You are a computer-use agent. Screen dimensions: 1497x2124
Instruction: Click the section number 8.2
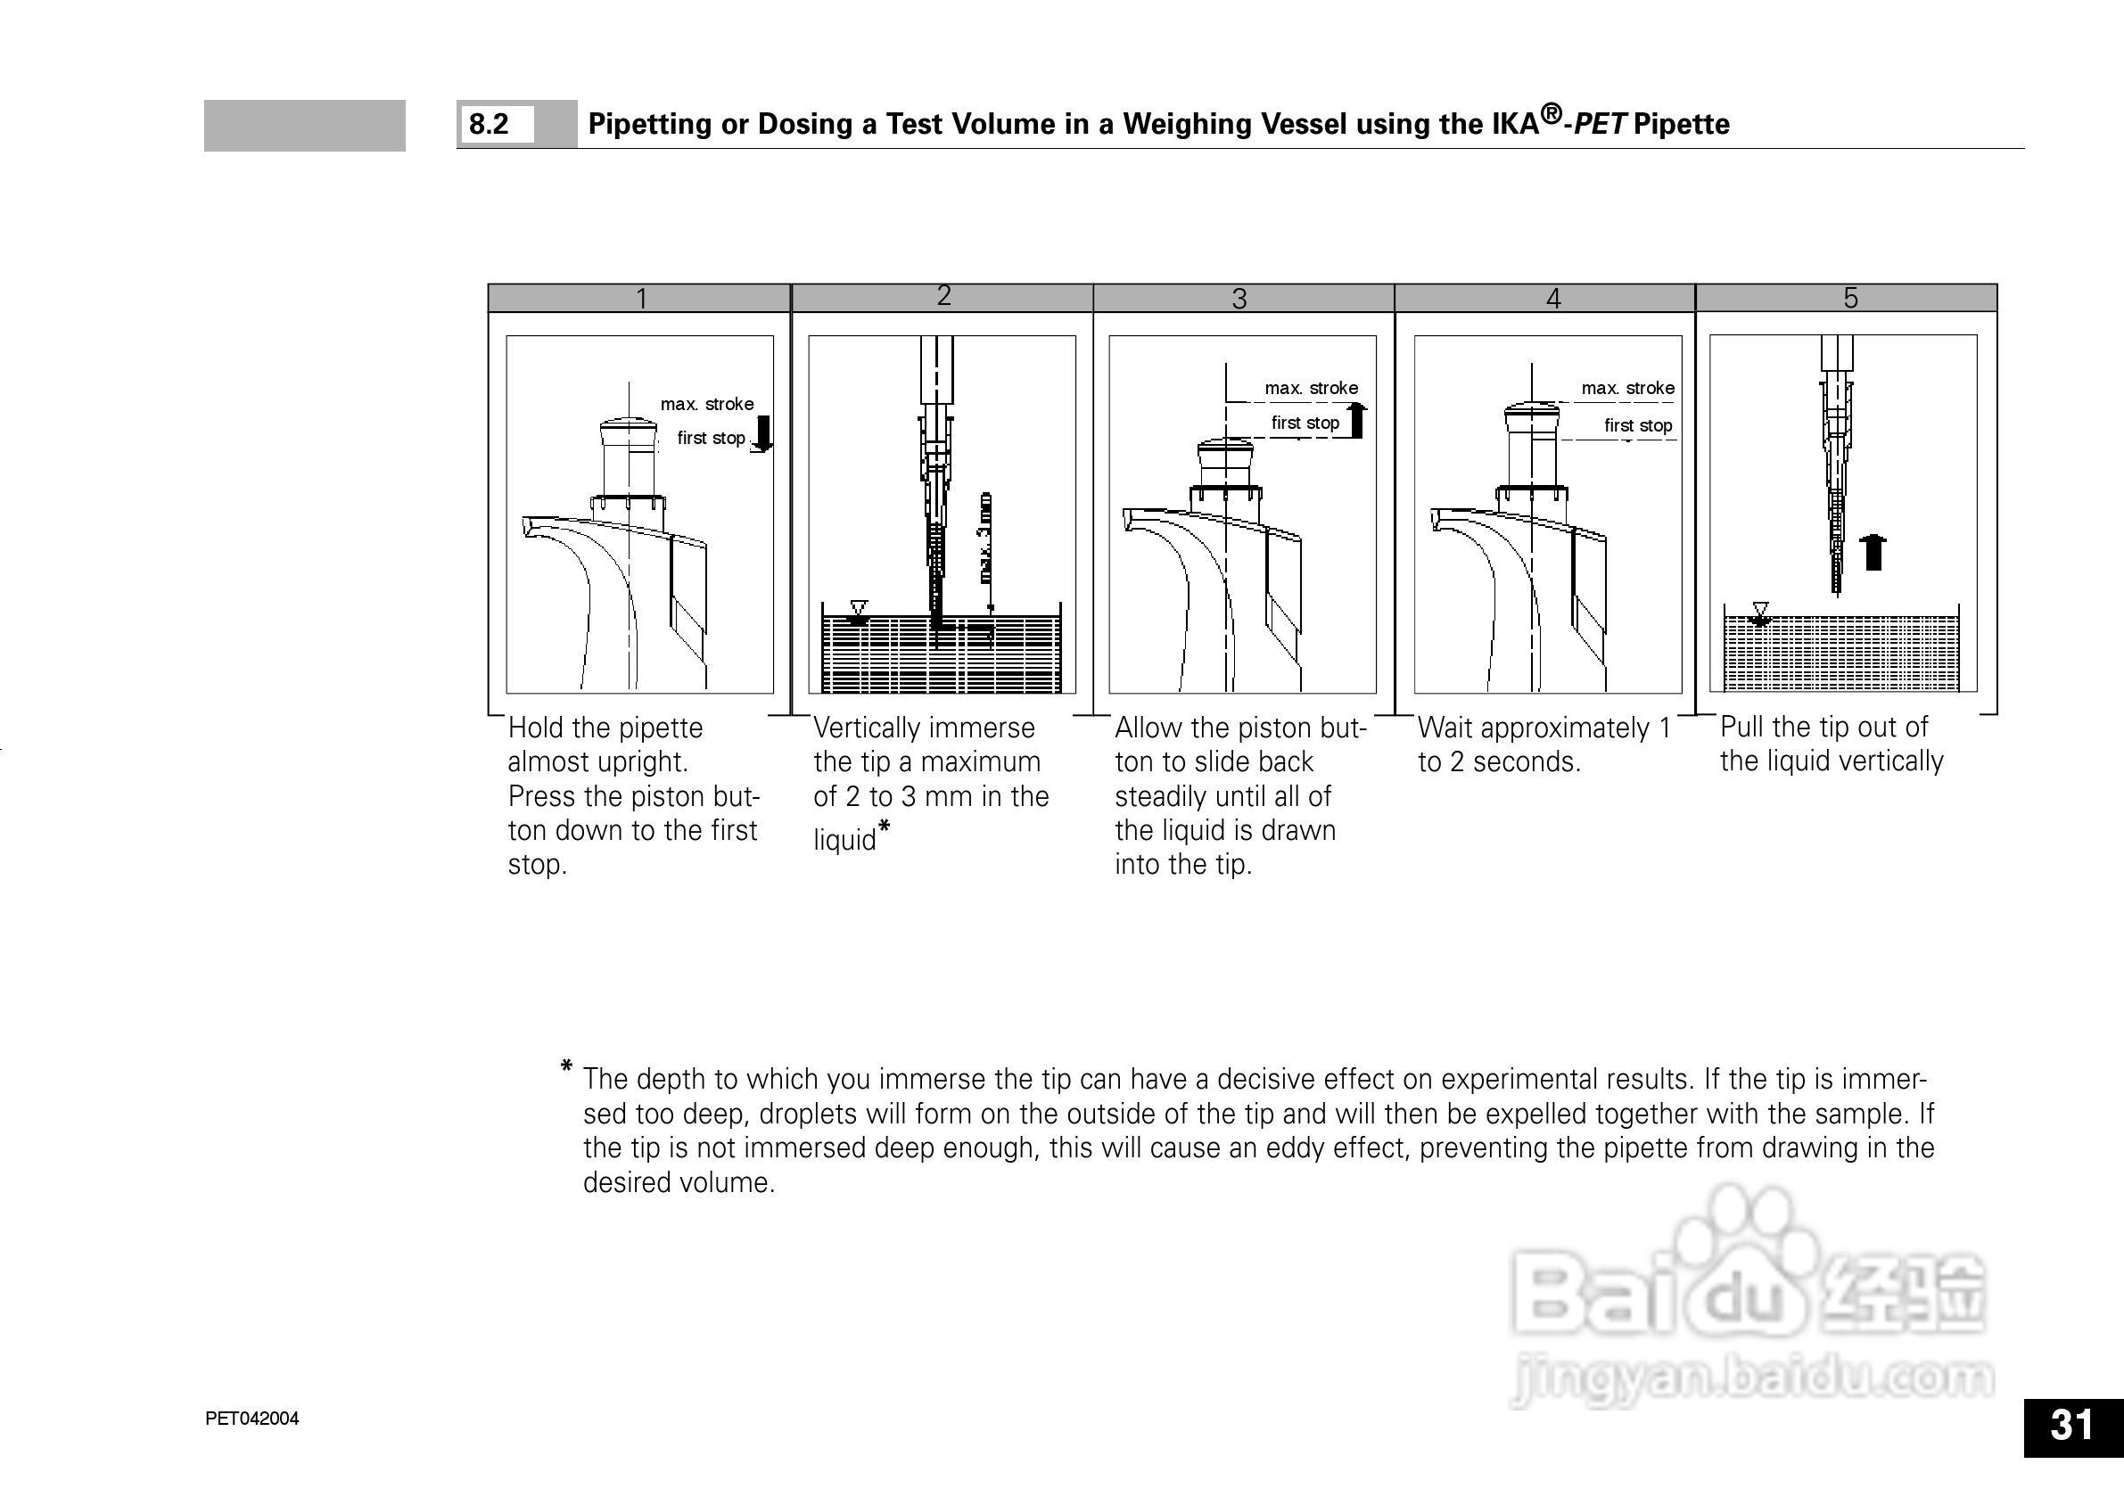[x=489, y=124]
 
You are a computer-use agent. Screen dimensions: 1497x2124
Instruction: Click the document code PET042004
[x=251, y=1419]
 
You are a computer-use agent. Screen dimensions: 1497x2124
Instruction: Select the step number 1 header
[x=641, y=298]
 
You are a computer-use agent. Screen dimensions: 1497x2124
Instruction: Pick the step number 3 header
[x=1239, y=298]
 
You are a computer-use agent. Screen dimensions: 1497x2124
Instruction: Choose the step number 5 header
[x=1850, y=298]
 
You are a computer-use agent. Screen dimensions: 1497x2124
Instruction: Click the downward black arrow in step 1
[x=762, y=434]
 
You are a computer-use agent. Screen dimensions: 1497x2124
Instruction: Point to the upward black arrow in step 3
[x=1356, y=420]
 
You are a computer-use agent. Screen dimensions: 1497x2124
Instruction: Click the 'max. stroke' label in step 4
[x=1627, y=388]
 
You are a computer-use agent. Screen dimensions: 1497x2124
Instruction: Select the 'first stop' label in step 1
[x=711, y=438]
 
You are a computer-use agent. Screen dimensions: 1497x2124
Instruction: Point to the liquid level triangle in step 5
[x=1760, y=611]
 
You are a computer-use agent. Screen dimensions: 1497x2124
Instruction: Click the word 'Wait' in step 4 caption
[x=1447, y=728]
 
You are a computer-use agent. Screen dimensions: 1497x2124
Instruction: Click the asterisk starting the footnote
[x=566, y=1068]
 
